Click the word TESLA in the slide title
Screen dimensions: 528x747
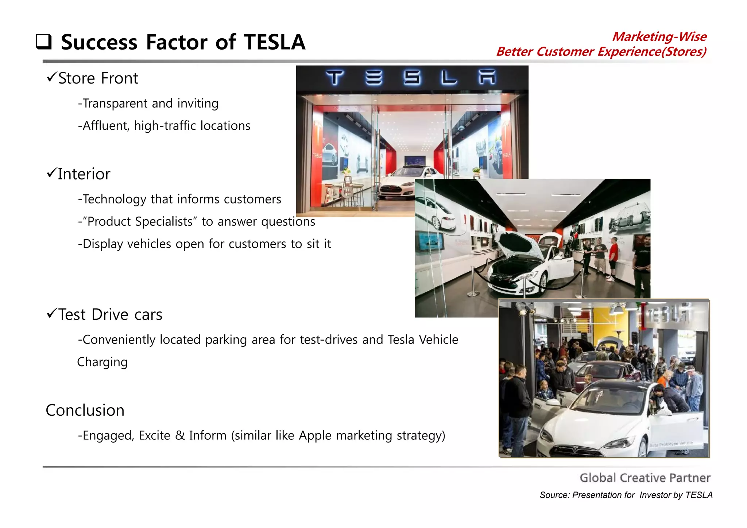[274, 42]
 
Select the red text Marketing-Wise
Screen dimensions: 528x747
[659, 36]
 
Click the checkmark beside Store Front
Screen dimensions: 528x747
[51, 77]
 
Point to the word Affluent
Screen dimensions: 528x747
[105, 126]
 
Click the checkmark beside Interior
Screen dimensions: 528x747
[51, 172]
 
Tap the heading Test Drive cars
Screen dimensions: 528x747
[110, 315]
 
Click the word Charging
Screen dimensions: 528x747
[102, 362]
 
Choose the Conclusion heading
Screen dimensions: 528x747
[85, 411]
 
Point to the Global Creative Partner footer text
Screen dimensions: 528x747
[645, 478]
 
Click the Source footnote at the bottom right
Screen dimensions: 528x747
[626, 495]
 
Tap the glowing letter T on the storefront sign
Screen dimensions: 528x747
[334, 78]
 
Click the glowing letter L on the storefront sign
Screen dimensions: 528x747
[449, 78]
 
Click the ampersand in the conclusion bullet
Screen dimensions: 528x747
[180, 436]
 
